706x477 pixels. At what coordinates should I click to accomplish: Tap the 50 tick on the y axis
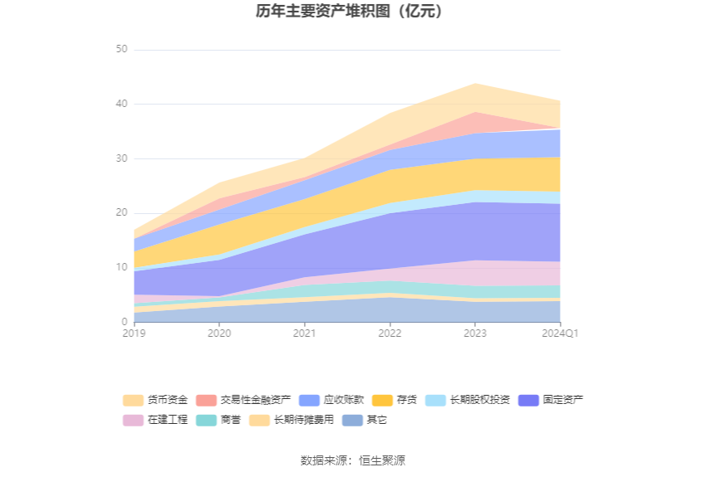point(121,49)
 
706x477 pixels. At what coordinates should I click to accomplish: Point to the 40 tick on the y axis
point(121,104)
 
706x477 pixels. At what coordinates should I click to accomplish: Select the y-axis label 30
point(121,158)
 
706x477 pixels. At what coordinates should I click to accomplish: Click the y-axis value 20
point(121,212)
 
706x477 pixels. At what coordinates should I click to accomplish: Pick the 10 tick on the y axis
point(121,267)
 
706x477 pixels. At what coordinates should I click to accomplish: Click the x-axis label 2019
point(135,333)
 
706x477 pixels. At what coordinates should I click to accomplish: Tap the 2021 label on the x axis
point(304,333)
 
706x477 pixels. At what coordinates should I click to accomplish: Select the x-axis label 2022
point(390,333)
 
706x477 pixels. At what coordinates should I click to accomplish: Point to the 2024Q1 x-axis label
point(560,333)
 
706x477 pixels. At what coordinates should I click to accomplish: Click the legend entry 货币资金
point(155,400)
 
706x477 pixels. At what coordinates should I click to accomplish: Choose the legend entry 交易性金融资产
point(243,400)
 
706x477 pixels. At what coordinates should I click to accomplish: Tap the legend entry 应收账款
point(331,400)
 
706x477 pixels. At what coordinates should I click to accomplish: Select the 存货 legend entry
point(395,400)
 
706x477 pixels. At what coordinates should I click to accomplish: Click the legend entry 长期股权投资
point(468,400)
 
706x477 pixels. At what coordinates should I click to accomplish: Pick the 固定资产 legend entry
point(551,400)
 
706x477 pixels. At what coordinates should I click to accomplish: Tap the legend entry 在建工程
point(155,420)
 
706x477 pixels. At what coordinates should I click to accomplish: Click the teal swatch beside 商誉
point(206,420)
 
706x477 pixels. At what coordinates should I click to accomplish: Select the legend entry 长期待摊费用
point(292,420)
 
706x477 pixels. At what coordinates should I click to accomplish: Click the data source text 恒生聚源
point(382,460)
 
